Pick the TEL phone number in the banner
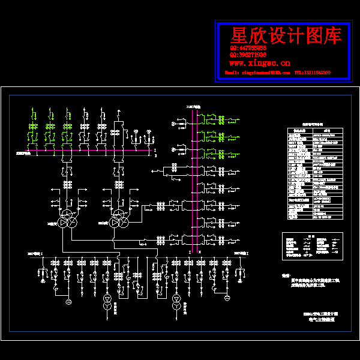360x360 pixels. pyautogui.click(x=313, y=73)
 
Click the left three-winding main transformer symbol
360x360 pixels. pyautogui.click(x=67, y=220)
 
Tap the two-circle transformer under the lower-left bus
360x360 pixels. pyautogui.click(x=107, y=302)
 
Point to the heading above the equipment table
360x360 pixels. pyautogui.click(x=312, y=121)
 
